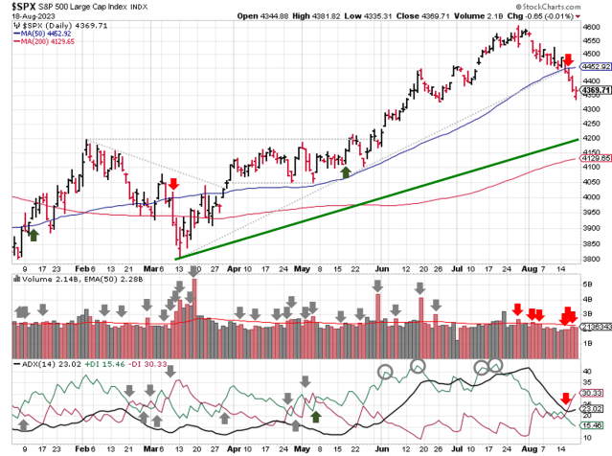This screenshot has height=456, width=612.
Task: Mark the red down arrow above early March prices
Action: [x=173, y=183]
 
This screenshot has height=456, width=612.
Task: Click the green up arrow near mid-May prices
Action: [x=346, y=171]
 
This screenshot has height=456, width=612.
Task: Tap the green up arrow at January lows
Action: [x=33, y=233]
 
